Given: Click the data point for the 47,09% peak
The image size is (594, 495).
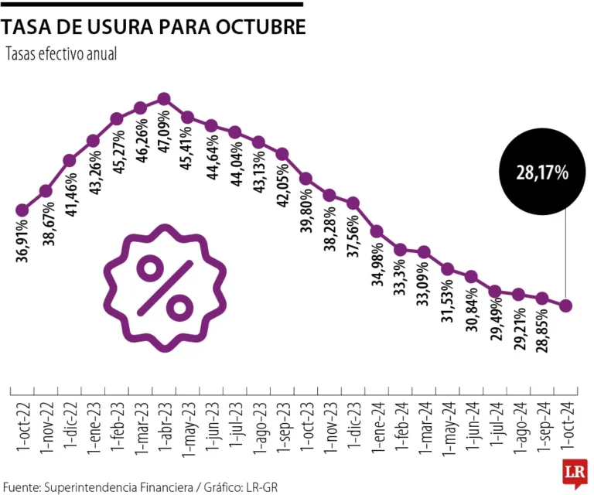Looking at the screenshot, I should [163, 98].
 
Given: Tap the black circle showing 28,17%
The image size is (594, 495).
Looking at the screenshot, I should [542, 172].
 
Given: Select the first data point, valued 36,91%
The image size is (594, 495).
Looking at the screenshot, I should [22, 210].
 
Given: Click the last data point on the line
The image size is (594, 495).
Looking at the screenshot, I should [565, 306].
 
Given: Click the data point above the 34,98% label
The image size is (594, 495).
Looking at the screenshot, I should [377, 231].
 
